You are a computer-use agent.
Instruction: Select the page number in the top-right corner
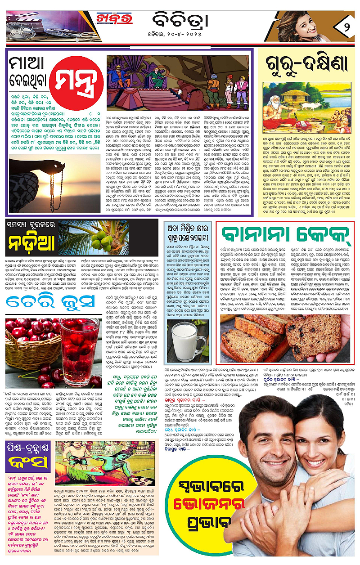point(344,22)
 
